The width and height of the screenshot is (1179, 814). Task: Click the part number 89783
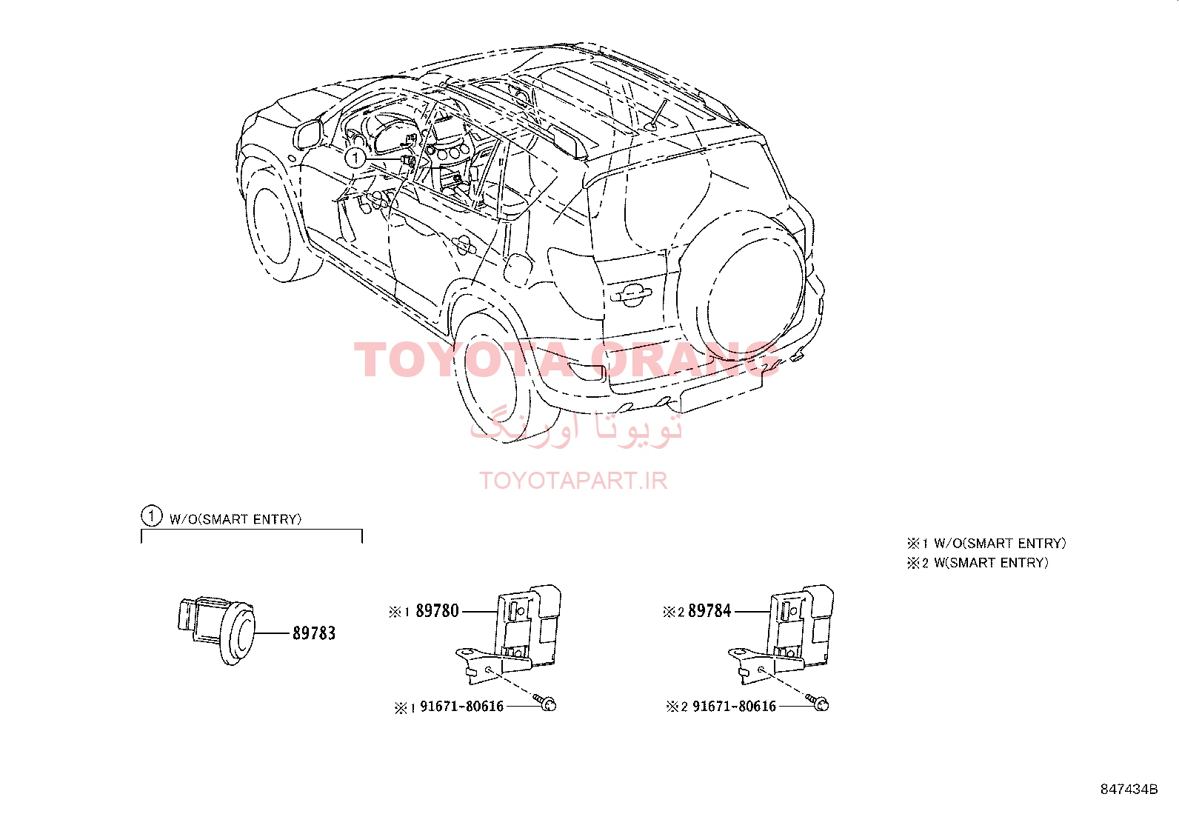point(314,633)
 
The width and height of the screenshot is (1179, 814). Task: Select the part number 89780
point(438,611)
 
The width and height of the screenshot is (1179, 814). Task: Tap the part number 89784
point(709,611)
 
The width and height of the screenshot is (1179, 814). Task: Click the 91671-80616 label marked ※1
point(461,706)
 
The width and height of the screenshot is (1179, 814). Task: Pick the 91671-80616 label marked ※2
point(734,706)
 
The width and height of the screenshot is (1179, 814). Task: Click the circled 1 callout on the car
point(355,158)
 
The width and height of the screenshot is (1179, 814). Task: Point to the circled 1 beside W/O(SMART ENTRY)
point(152,516)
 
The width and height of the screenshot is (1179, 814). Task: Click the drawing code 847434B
point(1129,790)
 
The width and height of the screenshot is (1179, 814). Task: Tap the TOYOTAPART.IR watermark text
point(573,481)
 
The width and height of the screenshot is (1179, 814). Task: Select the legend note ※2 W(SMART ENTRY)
point(978,563)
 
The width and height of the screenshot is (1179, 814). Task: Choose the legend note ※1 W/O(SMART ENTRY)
point(986,544)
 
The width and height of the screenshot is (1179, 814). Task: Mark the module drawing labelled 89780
point(509,634)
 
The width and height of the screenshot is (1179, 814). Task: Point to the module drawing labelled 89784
point(781,634)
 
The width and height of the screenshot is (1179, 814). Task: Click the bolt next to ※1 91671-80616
point(545,702)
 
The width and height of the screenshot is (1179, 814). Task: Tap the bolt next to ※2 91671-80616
point(818,702)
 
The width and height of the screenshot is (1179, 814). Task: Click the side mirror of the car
point(307,135)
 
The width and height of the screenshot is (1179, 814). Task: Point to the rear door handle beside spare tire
point(631,295)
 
